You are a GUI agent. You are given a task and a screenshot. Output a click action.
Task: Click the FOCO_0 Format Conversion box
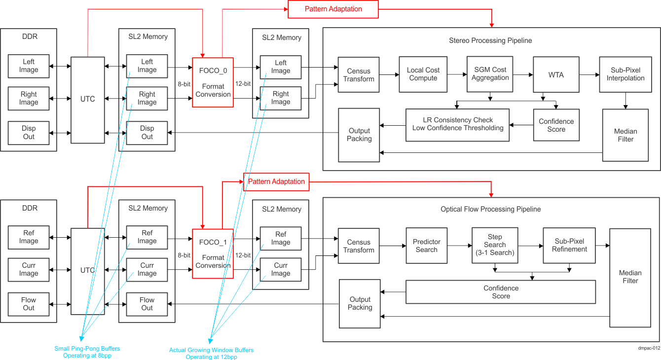[213, 82]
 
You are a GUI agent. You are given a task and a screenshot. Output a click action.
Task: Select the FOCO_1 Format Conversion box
[213, 253]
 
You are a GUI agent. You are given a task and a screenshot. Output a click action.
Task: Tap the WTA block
[556, 75]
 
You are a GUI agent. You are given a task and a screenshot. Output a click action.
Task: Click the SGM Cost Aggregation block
[490, 74]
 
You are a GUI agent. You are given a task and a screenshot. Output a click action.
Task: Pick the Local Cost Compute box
[423, 74]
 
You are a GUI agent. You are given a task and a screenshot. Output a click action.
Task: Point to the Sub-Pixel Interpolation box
[625, 74]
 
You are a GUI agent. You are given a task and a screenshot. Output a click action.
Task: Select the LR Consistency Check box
[457, 124]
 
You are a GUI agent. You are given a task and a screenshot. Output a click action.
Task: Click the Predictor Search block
[426, 246]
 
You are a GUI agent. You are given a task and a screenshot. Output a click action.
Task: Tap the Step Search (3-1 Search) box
[495, 245]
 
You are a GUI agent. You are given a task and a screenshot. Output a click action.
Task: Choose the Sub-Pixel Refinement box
[569, 245]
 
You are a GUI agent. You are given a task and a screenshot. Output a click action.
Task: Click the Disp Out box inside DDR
[29, 133]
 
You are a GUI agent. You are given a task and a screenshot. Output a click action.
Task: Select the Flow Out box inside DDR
[29, 304]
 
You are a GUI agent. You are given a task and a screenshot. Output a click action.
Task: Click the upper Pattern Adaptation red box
[333, 9]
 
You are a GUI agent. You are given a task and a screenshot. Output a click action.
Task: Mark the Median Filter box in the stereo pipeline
[625, 135]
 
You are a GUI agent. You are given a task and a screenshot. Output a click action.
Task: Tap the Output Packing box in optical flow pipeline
[360, 303]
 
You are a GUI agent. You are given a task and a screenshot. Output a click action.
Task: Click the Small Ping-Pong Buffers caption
[87, 352]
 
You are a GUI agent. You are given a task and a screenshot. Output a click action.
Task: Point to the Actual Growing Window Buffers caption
[211, 354]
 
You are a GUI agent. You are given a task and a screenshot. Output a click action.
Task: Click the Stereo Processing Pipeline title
[490, 40]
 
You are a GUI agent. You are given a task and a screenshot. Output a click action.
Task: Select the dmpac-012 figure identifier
[648, 348]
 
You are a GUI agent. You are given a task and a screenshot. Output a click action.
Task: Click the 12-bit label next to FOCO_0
[243, 84]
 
